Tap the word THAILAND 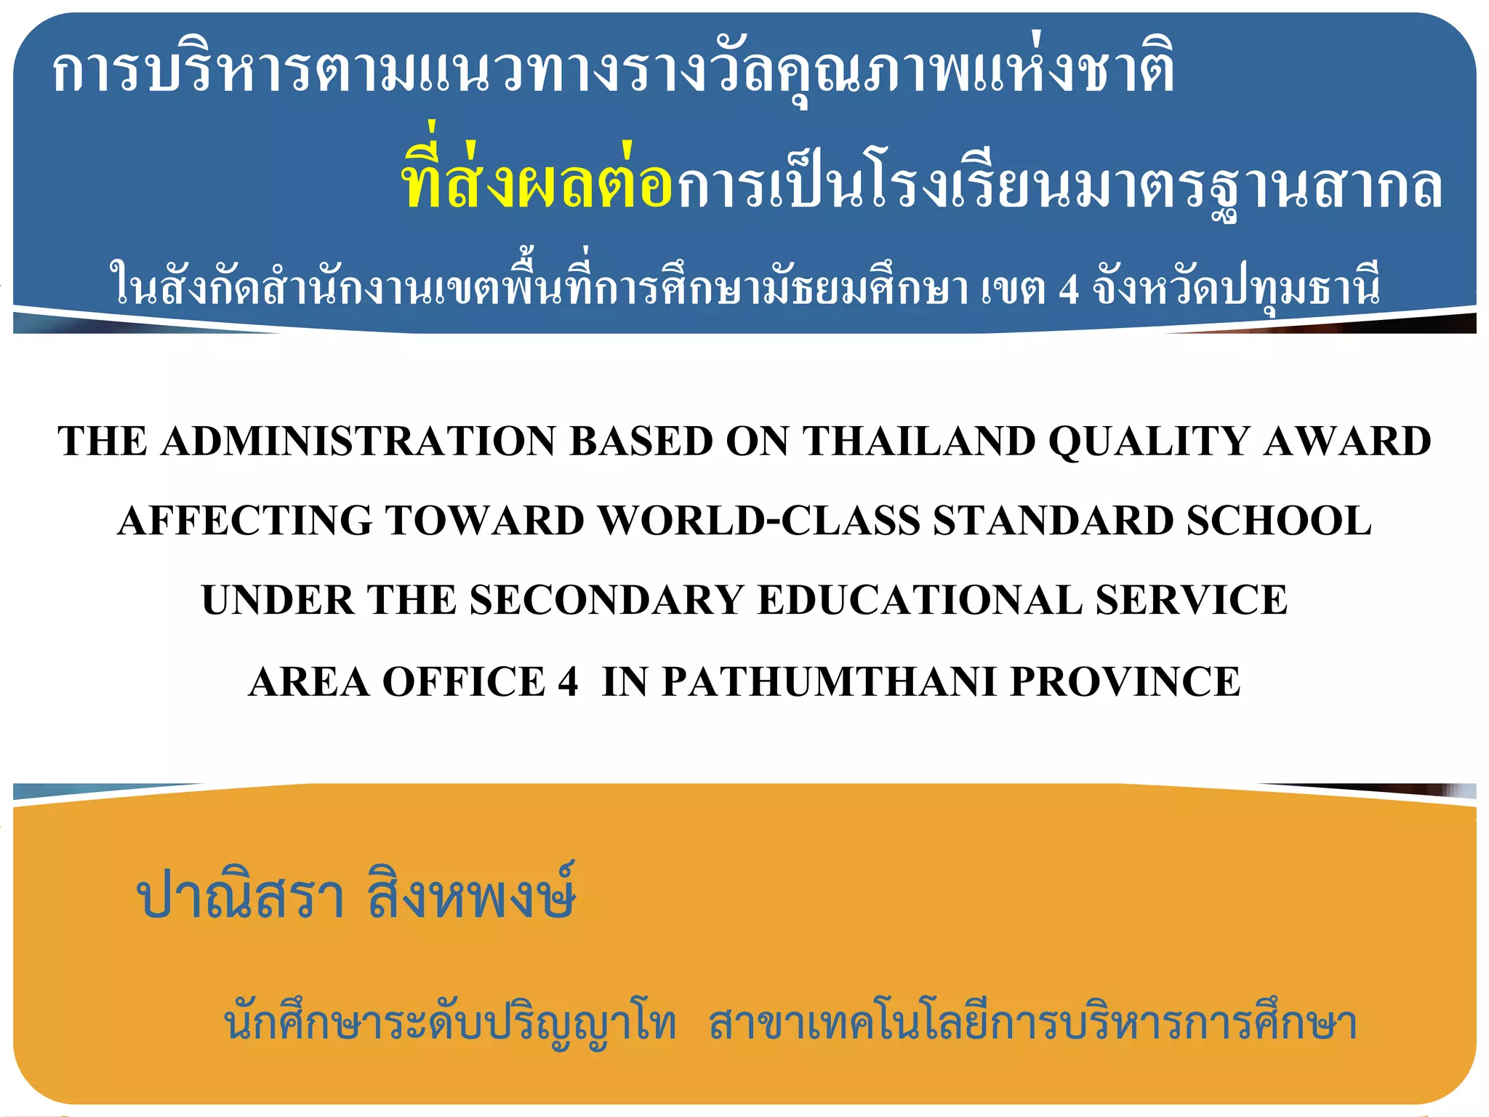click(919, 441)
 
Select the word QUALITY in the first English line click(1149, 441)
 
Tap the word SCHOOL click(1279, 521)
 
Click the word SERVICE click(1192, 600)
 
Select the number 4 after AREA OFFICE click(568, 682)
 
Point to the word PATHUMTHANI click(829, 682)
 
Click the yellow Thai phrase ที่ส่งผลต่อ click(537, 182)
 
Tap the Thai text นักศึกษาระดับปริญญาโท click(450, 1024)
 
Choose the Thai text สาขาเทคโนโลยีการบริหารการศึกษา click(1033, 1024)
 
